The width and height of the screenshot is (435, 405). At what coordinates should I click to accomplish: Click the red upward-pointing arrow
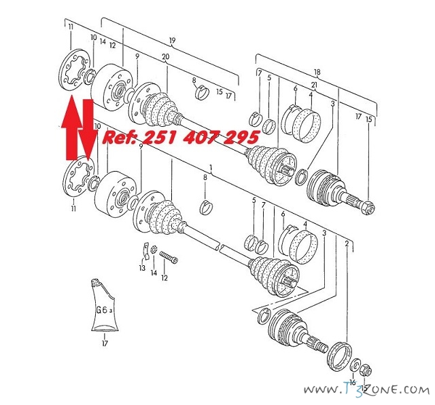click(71, 128)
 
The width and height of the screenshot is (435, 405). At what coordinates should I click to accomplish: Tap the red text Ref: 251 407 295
click(181, 137)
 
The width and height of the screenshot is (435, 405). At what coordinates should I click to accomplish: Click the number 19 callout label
click(172, 41)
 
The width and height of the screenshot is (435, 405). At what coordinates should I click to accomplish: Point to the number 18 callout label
click(317, 73)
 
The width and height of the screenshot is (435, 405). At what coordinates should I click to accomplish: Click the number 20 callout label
click(165, 57)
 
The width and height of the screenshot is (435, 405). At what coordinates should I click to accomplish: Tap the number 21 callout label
click(314, 85)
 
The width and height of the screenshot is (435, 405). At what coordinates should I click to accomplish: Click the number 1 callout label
click(211, 168)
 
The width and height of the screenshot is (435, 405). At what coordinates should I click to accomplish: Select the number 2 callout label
click(347, 244)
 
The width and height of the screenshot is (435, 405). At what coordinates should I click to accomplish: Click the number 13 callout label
click(142, 268)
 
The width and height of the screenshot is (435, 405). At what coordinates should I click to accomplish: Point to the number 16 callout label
click(353, 383)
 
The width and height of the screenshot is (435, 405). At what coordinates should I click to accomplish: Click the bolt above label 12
click(169, 257)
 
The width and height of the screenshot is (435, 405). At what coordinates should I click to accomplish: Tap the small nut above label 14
click(154, 250)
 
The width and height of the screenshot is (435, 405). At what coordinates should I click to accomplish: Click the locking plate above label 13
click(145, 251)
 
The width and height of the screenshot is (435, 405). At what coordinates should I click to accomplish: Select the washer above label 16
click(355, 366)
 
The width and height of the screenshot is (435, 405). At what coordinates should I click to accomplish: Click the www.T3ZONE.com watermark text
click(366, 390)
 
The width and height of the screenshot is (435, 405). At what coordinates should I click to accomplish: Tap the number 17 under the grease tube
click(105, 343)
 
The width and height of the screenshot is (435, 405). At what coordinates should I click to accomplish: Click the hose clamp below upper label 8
click(202, 93)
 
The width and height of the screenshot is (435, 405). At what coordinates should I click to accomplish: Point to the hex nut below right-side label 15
click(368, 208)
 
